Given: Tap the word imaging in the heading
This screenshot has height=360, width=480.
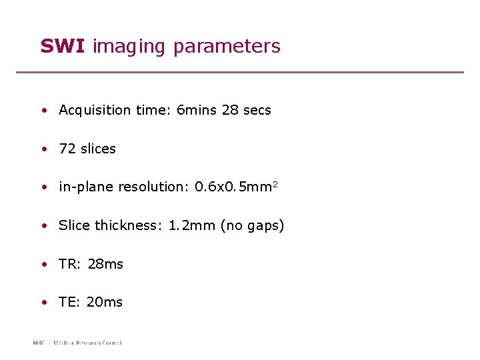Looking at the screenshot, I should pos(129,47).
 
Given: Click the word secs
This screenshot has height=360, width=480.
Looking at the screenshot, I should pos(257,110).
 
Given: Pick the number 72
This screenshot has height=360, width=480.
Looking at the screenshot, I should pos(67,149).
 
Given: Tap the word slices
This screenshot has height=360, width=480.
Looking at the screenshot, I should pos(98,149).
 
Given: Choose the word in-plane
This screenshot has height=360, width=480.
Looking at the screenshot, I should pos(87,187).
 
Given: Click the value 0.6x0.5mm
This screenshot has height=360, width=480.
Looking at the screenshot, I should pos(233,187).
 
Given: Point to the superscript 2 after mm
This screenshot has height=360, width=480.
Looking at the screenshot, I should pos(275,184).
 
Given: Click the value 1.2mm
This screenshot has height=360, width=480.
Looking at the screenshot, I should pos(192,225).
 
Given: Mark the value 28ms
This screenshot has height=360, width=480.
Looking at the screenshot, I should pos(105,264).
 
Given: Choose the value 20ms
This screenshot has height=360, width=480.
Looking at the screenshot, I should pos(105,302).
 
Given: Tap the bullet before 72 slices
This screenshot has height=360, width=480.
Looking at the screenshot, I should pos(43,149).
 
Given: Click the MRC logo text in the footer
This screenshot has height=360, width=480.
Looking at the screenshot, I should pos(39,343).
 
